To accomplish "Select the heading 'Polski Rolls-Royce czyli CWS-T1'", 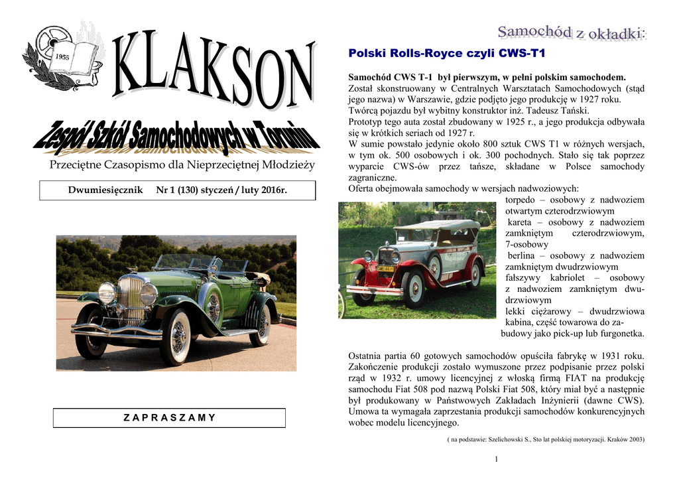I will click(x=445, y=53).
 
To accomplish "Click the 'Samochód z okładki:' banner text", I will click(x=572, y=32).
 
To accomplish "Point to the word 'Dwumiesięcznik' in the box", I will click(x=105, y=190).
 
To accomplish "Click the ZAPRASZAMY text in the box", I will click(x=170, y=417).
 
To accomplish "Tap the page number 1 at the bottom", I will click(x=496, y=460).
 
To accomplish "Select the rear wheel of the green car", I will click(x=260, y=325).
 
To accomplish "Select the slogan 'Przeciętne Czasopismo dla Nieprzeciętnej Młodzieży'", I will click(x=182, y=165).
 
